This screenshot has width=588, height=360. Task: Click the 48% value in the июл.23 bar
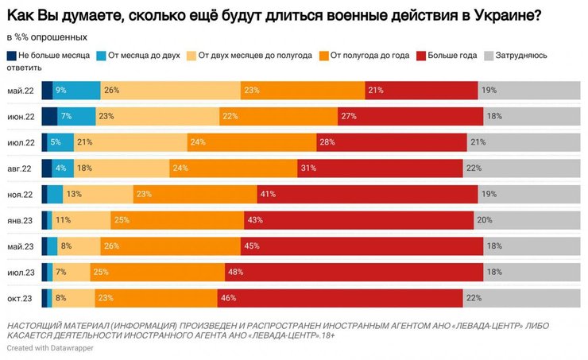(235, 273)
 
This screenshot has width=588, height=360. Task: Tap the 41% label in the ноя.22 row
(267, 195)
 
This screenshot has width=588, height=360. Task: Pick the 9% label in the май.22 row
(60, 91)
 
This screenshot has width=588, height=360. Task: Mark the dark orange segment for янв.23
(172, 220)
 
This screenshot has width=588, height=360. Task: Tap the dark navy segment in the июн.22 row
(49, 117)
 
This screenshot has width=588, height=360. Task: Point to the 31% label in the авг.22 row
(308, 168)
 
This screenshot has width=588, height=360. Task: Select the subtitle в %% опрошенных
(47, 37)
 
